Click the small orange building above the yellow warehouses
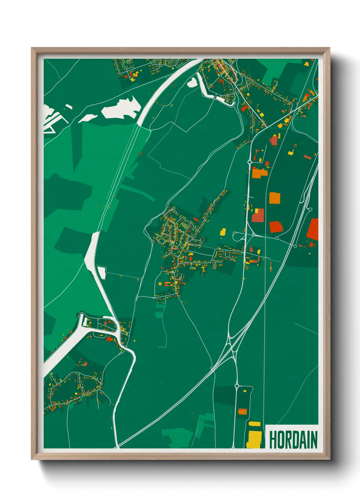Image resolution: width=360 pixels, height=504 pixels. point(242,411)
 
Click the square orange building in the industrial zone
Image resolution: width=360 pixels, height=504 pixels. point(275,198)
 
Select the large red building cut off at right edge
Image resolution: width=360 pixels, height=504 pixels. point(313,229)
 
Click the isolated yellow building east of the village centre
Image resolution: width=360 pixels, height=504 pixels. point(223,232)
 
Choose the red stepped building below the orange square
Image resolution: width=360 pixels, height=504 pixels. point(276,227)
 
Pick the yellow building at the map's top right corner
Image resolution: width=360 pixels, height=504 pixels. point(306,64)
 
